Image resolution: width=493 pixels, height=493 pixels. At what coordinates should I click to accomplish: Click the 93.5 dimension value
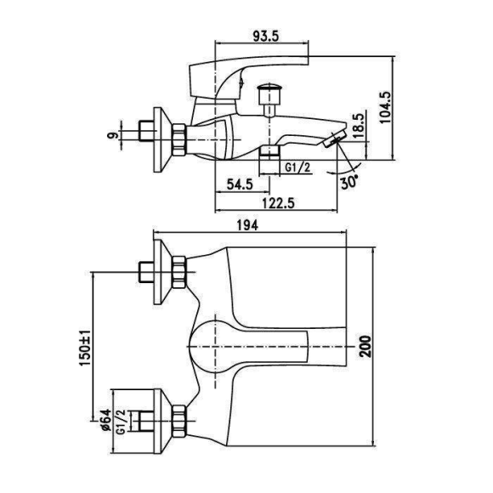266,37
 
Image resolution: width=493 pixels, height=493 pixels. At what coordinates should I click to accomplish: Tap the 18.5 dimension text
358,126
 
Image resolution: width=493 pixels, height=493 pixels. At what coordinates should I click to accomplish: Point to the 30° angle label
349,181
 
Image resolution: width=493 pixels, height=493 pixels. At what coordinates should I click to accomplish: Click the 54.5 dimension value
240,184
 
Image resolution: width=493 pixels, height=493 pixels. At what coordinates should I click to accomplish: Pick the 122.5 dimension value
278,203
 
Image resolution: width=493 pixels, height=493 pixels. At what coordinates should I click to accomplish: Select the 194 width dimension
247,225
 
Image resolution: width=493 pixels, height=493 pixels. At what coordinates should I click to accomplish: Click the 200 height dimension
365,346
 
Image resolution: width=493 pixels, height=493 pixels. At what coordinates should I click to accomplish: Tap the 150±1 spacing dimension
85,348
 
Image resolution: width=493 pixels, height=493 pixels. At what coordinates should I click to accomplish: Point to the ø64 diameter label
106,420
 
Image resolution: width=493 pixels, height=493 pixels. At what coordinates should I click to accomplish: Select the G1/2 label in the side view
297,167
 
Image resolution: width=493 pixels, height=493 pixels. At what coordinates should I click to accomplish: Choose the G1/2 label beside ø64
121,422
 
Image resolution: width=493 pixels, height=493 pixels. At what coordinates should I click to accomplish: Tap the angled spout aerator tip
334,139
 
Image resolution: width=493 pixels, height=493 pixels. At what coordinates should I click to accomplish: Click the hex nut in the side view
179,139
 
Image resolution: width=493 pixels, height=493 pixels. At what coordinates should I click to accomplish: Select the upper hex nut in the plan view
179,272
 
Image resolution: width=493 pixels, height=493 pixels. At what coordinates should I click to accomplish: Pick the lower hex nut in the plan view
179,421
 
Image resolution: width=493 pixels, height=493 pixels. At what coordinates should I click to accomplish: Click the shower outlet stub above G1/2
269,152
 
